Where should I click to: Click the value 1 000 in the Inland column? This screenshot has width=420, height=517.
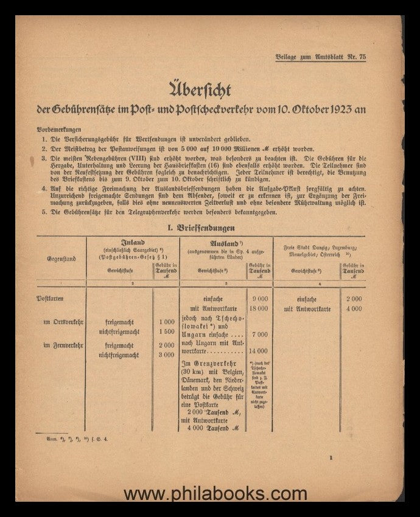pos(166,322)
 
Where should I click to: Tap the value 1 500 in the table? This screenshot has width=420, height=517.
pos(166,333)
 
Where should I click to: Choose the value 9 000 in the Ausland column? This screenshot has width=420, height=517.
pos(259,299)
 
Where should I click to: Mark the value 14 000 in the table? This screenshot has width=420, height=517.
pos(258,352)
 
